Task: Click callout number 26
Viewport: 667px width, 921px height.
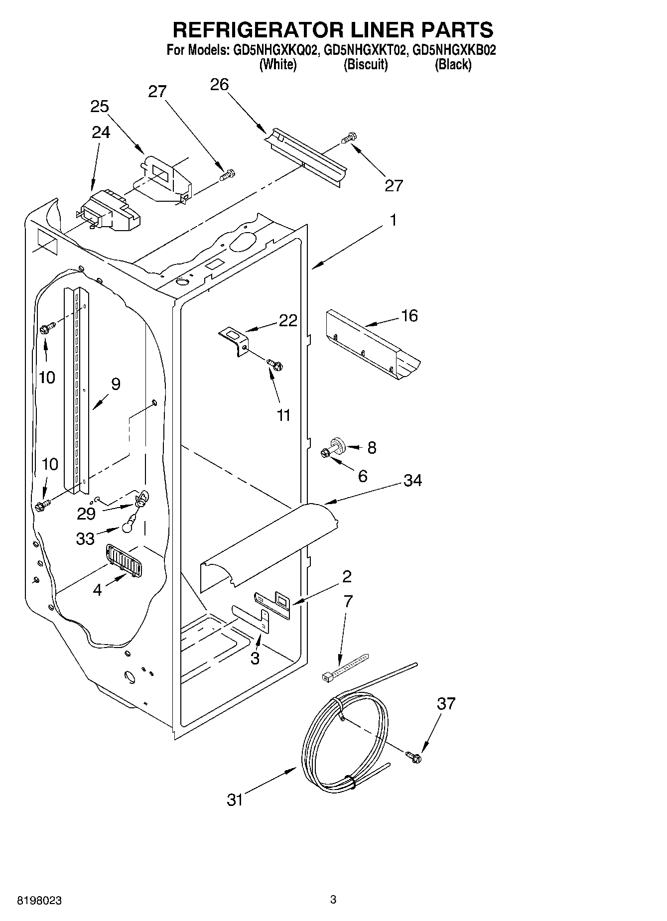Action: pyautogui.click(x=219, y=85)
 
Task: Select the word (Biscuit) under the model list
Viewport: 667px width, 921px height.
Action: pyautogui.click(x=366, y=64)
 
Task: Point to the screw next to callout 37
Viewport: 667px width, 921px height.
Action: pyautogui.click(x=413, y=757)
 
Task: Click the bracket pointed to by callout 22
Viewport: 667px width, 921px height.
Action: pyautogui.click(x=235, y=340)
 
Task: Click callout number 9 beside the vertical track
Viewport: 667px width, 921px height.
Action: pyautogui.click(x=116, y=384)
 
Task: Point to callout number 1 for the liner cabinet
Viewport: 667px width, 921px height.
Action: pyautogui.click(x=393, y=220)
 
